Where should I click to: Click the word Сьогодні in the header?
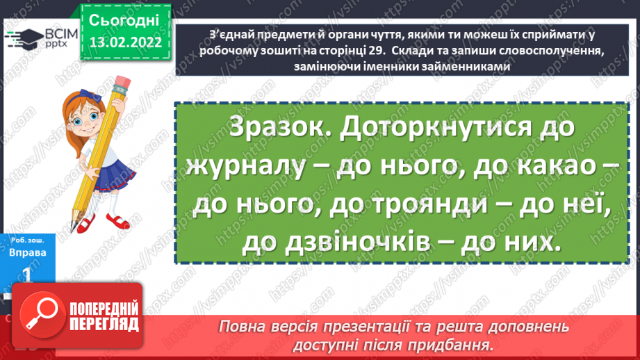click(125, 19)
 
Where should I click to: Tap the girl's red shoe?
click(86, 224)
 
